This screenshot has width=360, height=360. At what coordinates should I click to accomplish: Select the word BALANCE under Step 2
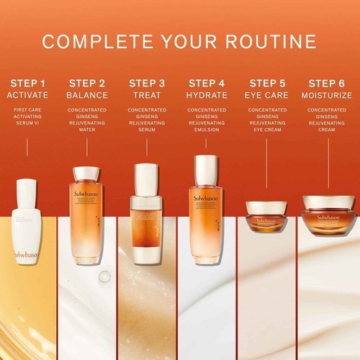click(88, 95)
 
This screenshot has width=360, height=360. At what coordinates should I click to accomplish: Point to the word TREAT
click(147, 95)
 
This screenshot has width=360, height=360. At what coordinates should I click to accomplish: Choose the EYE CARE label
click(267, 95)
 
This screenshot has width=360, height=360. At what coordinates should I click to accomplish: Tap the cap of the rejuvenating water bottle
click(87, 174)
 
